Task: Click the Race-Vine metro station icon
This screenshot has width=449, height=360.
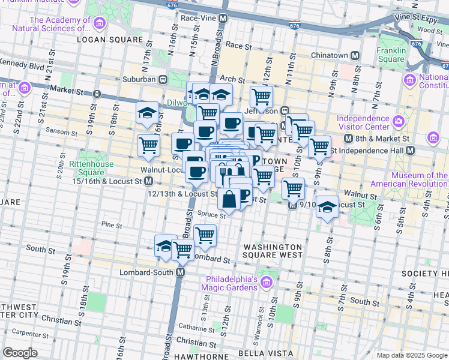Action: click(x=223, y=19)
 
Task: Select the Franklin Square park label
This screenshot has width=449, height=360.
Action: click(x=391, y=55)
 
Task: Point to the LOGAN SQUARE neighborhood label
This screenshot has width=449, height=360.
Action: click(x=110, y=40)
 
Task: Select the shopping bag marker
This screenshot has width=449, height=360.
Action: click(x=229, y=199)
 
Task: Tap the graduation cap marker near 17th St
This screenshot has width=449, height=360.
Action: click(x=146, y=113)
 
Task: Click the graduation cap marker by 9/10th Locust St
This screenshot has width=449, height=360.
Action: click(x=327, y=207)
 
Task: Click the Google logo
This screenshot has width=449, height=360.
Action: click(x=20, y=353)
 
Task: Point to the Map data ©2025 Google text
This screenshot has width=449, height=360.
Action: click(x=411, y=355)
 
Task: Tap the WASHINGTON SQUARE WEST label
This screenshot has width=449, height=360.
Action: click(x=273, y=251)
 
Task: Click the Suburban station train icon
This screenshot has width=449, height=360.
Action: click(x=162, y=79)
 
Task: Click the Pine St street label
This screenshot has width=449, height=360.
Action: click(x=111, y=225)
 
